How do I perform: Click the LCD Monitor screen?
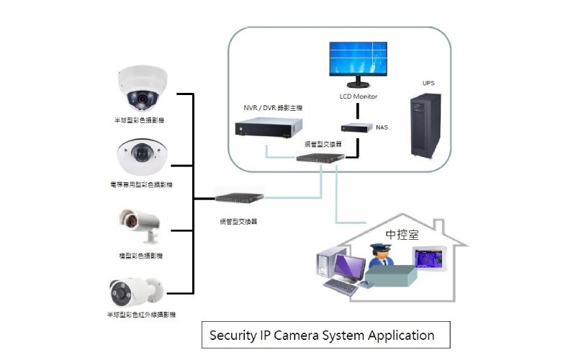tap(359, 60)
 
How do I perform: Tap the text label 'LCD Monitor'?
tap(359, 96)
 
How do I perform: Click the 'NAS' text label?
tap(382, 127)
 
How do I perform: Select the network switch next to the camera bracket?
tap(240, 195)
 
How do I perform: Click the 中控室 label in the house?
tap(402, 235)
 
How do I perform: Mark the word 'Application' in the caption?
tap(401, 336)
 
